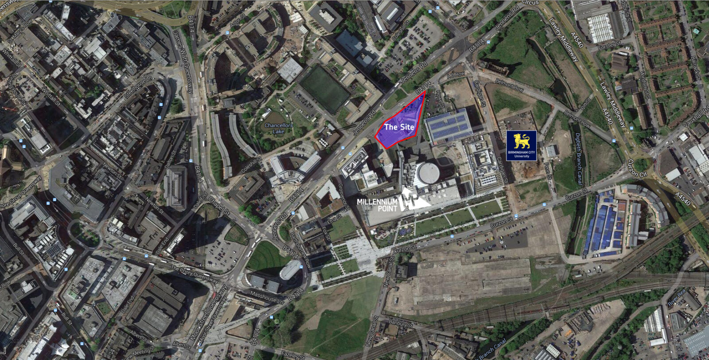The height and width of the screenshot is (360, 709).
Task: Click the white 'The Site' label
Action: tap(399, 127)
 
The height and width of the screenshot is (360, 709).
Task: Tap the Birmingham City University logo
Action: tap(522, 145)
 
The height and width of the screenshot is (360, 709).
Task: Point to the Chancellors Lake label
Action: tap(278, 128)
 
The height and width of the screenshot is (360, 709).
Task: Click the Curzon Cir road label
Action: tap(638, 168)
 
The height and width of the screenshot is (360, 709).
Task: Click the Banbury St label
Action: tap(401, 323)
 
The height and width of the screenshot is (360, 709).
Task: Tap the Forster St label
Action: tap(609, 46)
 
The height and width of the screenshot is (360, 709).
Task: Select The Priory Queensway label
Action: tap(194, 275)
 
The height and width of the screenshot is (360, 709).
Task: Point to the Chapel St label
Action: tap(219, 207)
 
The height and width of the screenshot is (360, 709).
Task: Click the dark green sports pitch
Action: tap(324, 89)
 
